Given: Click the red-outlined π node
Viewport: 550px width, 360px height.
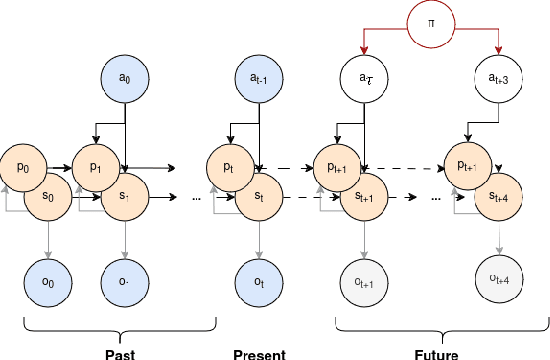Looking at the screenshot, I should coord(430,22).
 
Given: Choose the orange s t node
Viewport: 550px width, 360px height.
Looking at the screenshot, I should coord(259,198).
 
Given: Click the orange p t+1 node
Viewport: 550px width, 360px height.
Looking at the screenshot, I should coord(336,166).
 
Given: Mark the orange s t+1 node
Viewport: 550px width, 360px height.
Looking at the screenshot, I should coord(366,198).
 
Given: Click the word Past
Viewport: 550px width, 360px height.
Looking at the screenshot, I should coord(121,353).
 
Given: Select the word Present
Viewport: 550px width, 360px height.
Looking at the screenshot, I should coord(259,353).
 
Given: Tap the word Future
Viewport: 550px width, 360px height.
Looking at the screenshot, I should coord(436,353).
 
